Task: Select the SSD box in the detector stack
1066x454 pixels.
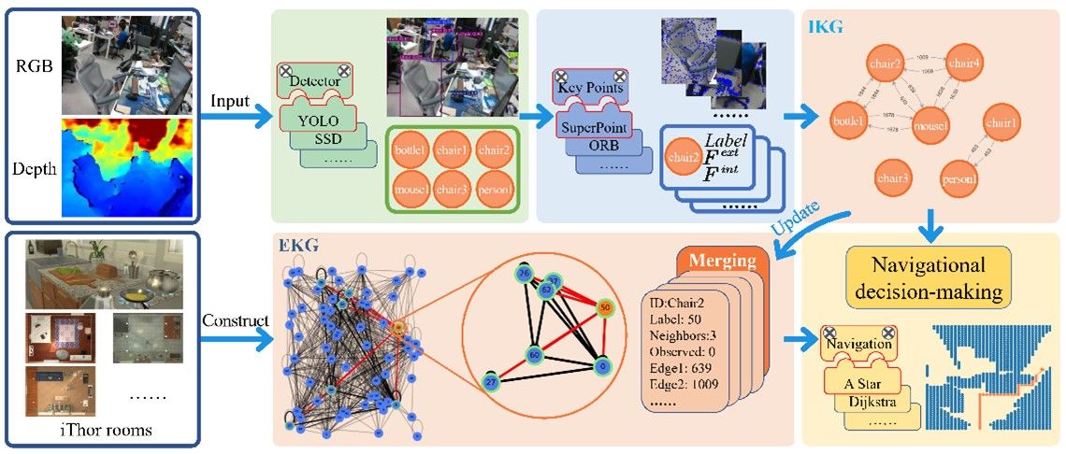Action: tap(325, 140)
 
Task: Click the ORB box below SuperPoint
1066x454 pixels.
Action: tap(602, 146)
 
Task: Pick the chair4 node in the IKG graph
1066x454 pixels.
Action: tap(964, 64)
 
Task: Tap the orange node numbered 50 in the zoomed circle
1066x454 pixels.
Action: tap(605, 306)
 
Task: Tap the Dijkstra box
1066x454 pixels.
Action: tap(883, 403)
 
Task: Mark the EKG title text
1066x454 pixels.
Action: tap(298, 245)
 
